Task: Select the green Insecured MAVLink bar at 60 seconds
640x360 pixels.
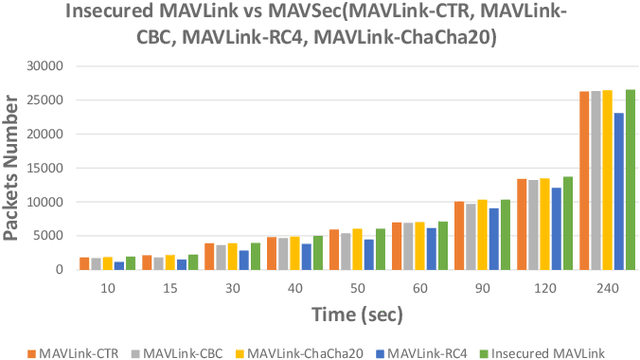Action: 443,246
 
